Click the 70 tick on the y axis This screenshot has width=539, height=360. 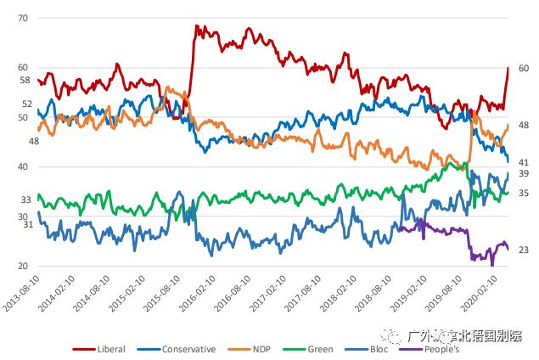(22, 18)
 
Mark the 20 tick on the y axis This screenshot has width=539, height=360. (22, 267)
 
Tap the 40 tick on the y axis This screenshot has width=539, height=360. (22, 167)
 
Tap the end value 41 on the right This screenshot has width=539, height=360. (523, 162)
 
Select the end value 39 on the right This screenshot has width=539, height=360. (523, 174)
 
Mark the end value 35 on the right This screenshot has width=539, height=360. (523, 194)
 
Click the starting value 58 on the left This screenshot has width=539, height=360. (25, 81)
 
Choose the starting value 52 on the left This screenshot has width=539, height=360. (26, 104)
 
